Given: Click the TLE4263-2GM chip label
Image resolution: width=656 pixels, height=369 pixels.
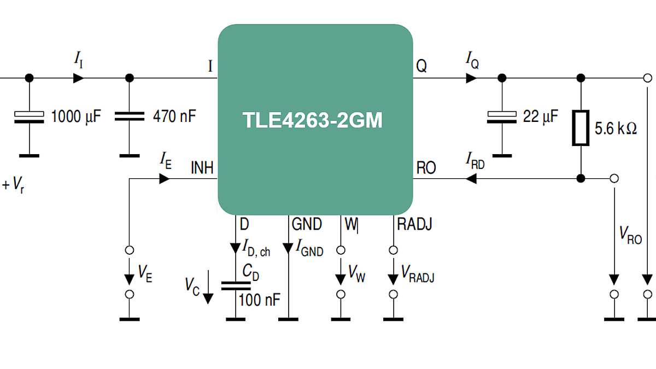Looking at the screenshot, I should click(x=313, y=120).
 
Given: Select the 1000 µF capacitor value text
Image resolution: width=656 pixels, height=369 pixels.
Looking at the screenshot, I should click(x=76, y=116).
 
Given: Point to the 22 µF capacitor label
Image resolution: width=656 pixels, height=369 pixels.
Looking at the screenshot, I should click(x=541, y=116).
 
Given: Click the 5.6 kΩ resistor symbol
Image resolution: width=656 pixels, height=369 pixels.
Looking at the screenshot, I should click(x=581, y=128).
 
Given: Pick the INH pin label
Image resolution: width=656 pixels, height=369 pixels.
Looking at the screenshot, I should click(x=202, y=167).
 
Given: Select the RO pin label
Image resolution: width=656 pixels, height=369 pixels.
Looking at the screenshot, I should click(x=426, y=168).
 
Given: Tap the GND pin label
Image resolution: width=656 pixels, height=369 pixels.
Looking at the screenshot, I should click(x=307, y=224).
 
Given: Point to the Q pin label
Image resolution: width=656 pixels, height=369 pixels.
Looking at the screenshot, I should click(x=421, y=66).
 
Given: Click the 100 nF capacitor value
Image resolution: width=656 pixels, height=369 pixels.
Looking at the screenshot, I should click(x=260, y=299).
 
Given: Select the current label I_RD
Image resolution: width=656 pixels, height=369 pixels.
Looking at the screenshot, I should click(x=475, y=160).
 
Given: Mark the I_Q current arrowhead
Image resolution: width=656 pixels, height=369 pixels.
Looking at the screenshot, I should click(x=471, y=78).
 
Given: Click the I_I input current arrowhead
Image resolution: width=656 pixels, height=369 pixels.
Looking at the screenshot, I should click(x=79, y=78).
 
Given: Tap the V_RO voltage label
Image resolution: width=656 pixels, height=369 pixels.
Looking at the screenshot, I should click(x=630, y=235).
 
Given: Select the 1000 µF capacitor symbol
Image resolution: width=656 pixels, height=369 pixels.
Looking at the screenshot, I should click(x=30, y=117).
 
